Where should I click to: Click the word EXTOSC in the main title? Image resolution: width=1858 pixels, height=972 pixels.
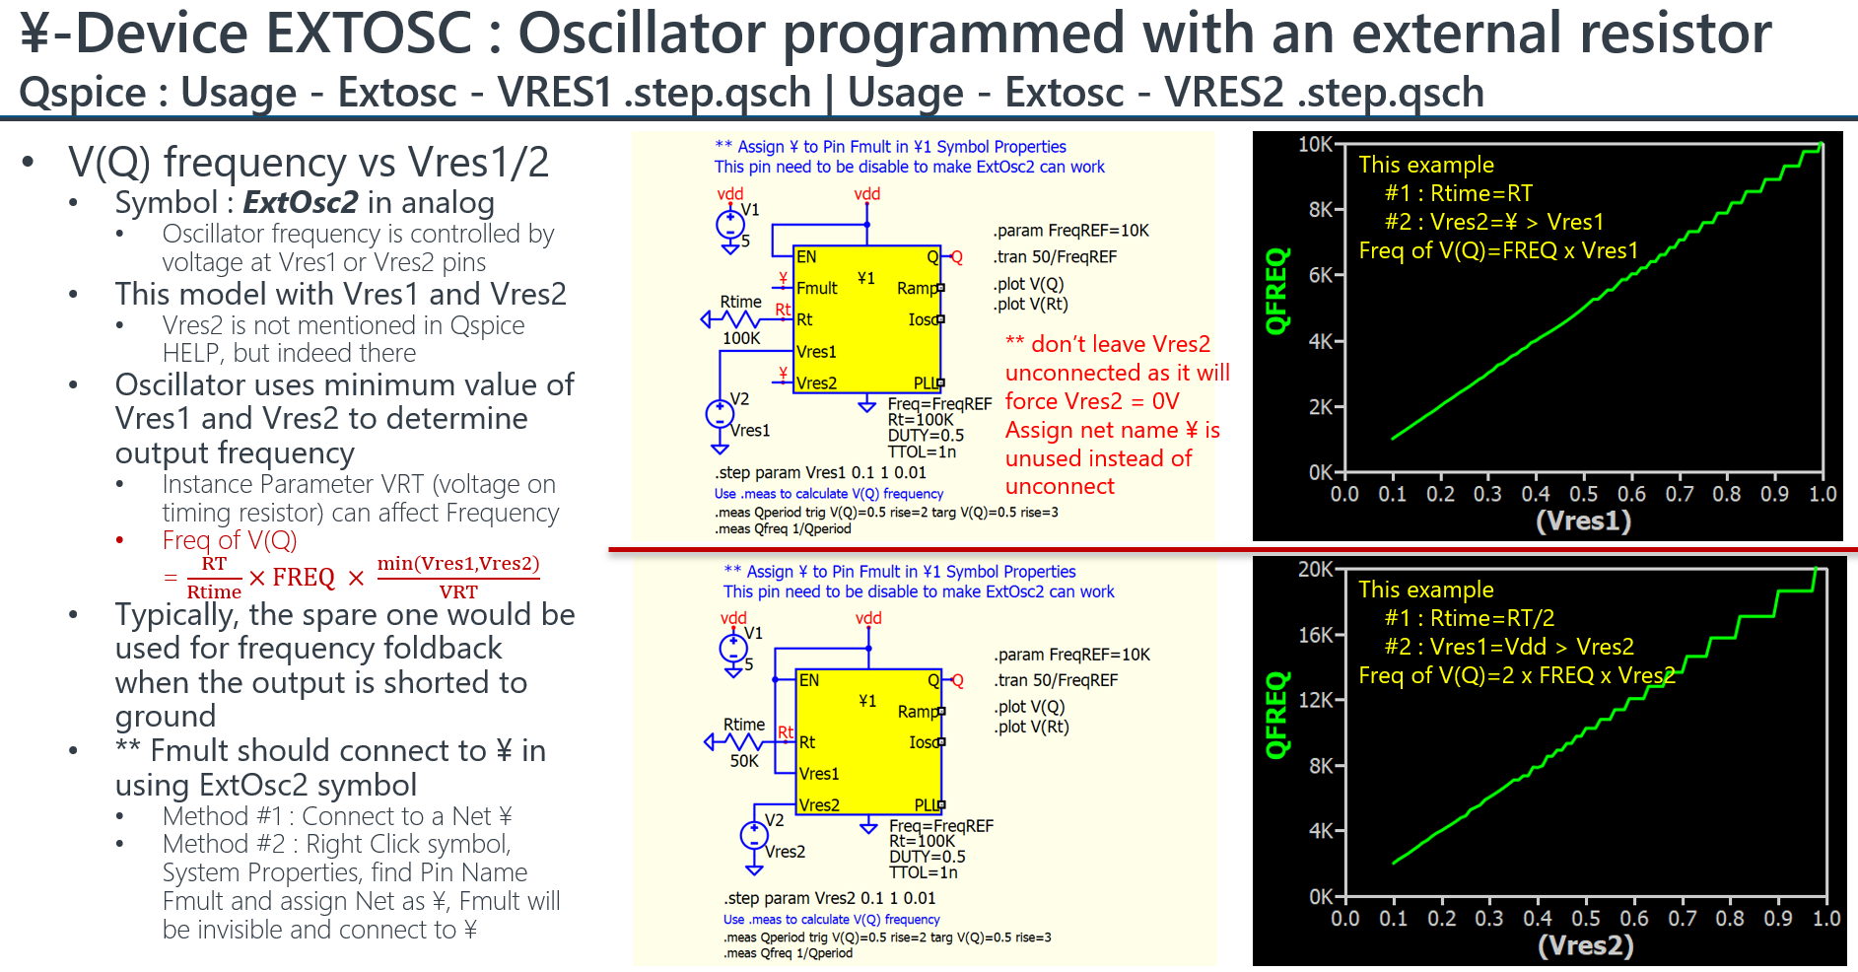pos(370,33)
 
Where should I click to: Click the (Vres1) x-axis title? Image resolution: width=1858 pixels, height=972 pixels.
pos(1583,521)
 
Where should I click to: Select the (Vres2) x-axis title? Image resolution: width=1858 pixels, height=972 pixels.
pos(1585,945)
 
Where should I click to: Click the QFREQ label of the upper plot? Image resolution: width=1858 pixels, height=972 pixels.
pos(1276,291)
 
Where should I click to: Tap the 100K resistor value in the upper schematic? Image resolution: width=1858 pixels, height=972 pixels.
pos(741,338)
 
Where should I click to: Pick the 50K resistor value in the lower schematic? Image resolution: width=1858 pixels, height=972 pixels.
pos(744,761)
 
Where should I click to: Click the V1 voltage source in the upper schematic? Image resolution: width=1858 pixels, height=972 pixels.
pos(730,225)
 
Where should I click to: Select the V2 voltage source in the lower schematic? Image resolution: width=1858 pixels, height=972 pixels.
pos(754,836)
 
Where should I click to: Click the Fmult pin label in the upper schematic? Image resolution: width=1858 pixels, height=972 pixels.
pos(816,288)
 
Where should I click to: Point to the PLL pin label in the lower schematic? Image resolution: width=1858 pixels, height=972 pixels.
pos(926,805)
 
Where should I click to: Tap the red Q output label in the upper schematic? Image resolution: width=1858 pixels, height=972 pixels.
pos(956,257)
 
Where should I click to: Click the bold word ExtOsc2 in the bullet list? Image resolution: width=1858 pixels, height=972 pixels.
pos(301,202)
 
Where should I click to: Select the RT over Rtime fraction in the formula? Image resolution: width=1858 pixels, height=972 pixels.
pos(214,578)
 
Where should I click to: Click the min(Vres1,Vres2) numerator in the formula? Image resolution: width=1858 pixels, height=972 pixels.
pos(458,563)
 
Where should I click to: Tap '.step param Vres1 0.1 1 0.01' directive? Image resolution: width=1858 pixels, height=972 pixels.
pos(821,473)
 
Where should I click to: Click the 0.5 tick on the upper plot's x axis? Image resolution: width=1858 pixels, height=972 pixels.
pos(1583,494)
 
